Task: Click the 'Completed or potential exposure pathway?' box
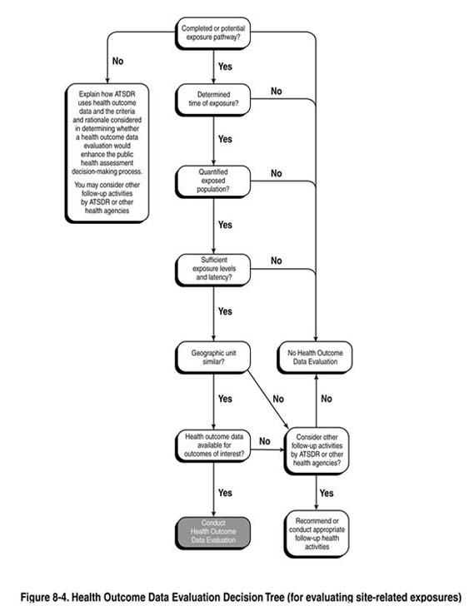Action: pyautogui.click(x=212, y=32)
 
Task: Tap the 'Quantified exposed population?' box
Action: pyautogui.click(x=212, y=181)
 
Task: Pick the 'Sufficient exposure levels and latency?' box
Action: pyautogui.click(x=212, y=269)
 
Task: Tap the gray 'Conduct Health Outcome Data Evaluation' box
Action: pyautogui.click(x=212, y=534)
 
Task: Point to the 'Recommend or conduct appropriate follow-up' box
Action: pyautogui.click(x=317, y=534)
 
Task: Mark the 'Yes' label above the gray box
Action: pyautogui.click(x=225, y=492)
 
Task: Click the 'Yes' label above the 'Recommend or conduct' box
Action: pyautogui.click(x=327, y=492)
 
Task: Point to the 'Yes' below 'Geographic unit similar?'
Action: pyautogui.click(x=225, y=399)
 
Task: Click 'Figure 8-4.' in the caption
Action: pyautogui.click(x=43, y=597)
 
